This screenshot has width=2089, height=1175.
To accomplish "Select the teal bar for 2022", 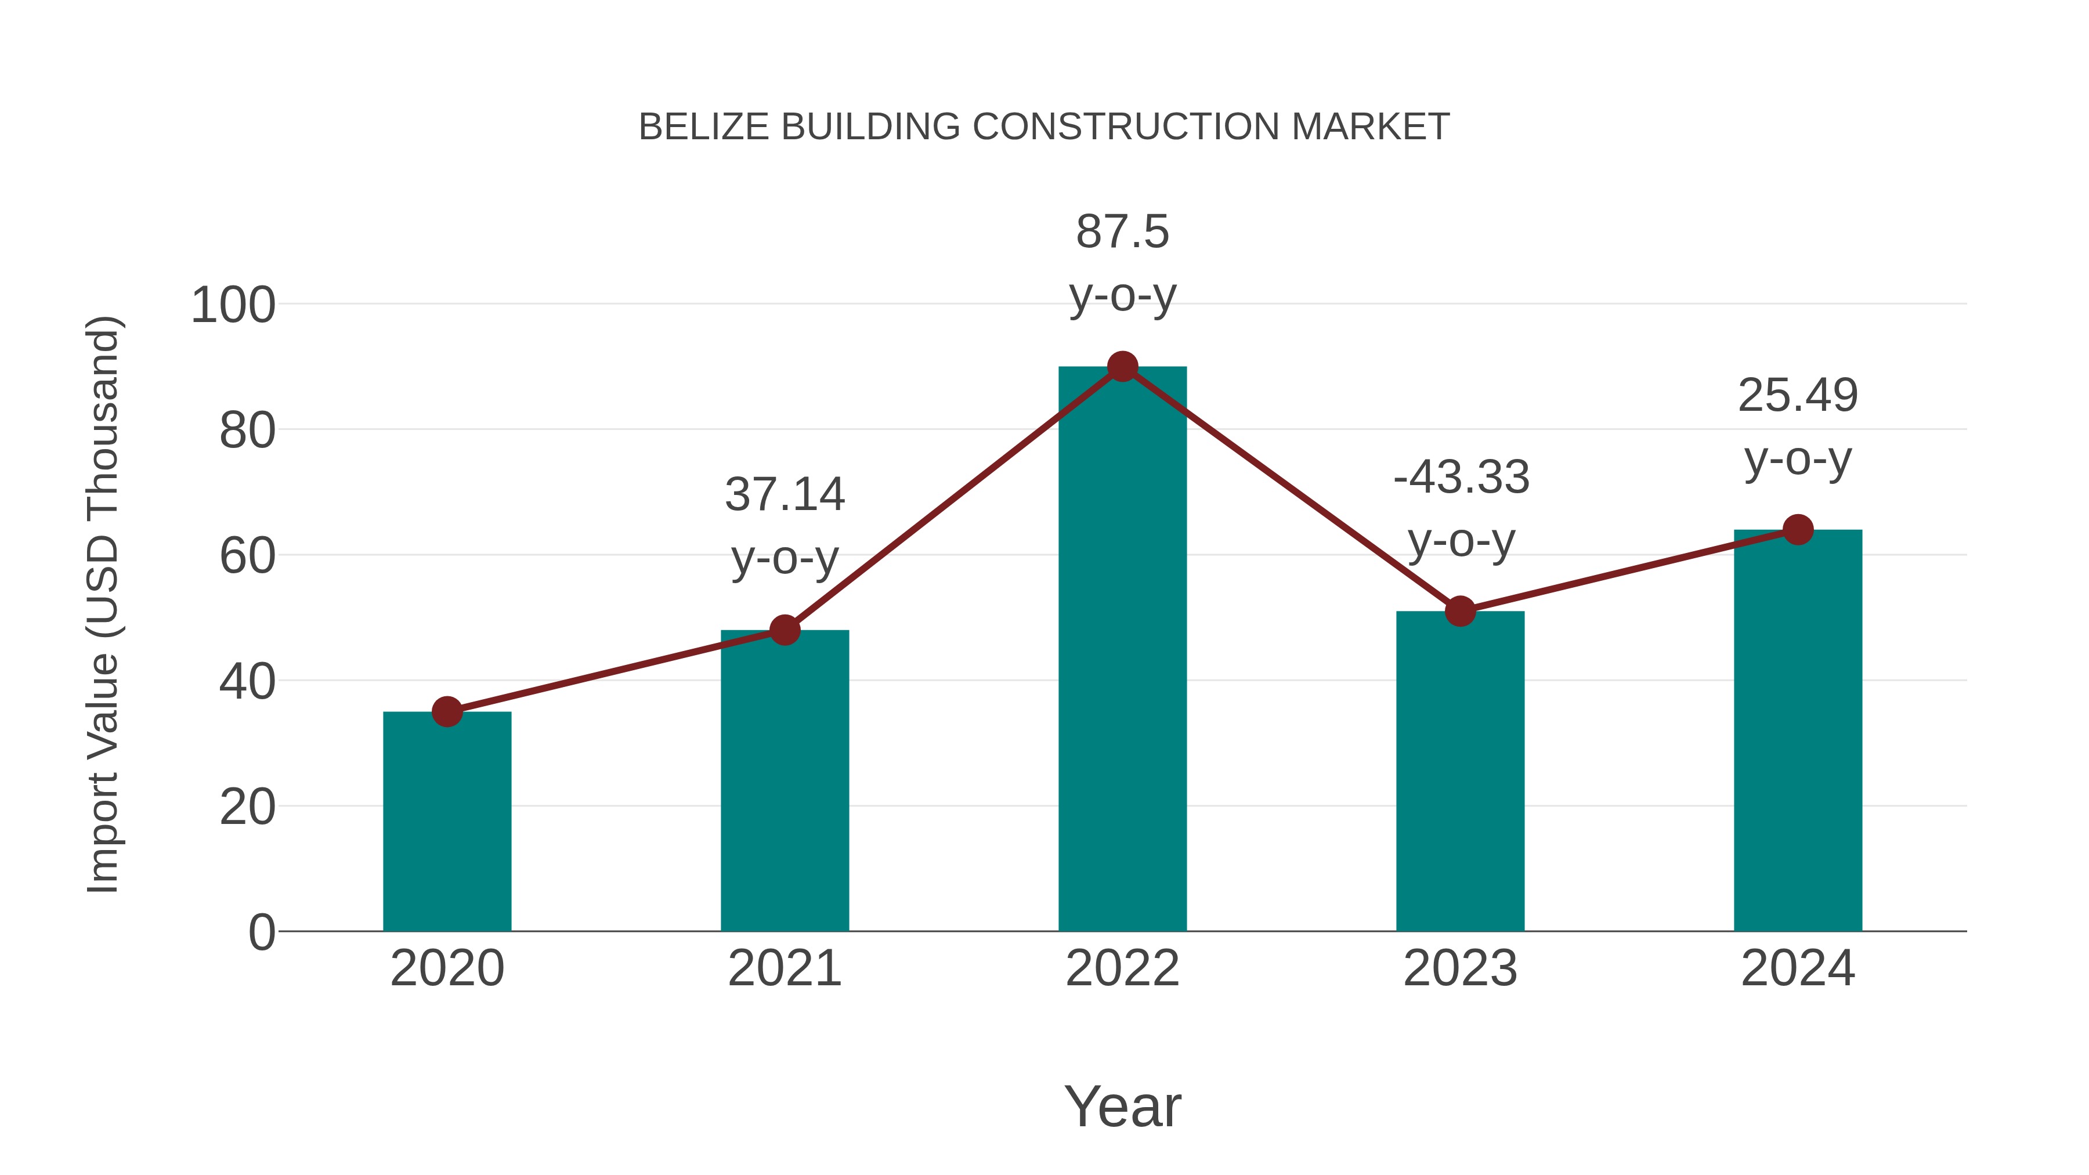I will pyautogui.click(x=1122, y=649).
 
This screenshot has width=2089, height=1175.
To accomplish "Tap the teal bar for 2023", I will pyautogui.click(x=1460, y=771).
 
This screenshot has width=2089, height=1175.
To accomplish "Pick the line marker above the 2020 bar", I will pyautogui.click(x=447, y=712).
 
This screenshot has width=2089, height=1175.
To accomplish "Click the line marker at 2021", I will pyautogui.click(x=784, y=630).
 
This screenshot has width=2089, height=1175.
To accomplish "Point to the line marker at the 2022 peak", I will pyautogui.click(x=1122, y=367).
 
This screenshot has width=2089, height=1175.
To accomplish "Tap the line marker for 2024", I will pyautogui.click(x=1798, y=530).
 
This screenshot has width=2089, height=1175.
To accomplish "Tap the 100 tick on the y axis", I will pyautogui.click(x=233, y=306).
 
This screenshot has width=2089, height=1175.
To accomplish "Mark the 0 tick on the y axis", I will pyautogui.click(x=262, y=932).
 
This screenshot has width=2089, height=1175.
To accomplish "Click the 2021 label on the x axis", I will pyautogui.click(x=784, y=968).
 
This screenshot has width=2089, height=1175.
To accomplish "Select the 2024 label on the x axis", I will pyautogui.click(x=1798, y=968).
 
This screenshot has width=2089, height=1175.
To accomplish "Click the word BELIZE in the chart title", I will pyautogui.click(x=703, y=126).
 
